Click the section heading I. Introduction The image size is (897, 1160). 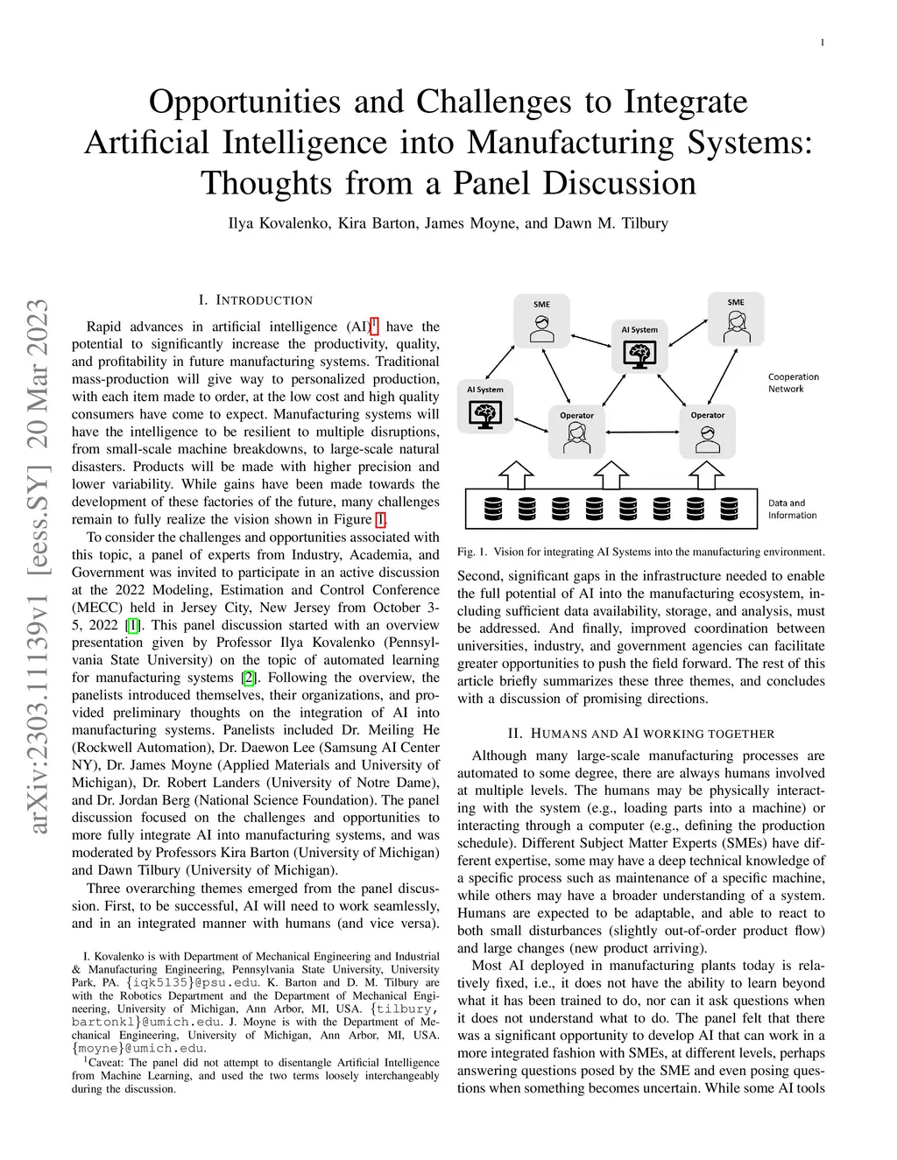pyautogui.click(x=255, y=300)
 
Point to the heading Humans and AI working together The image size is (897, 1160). pyautogui.click(x=641, y=734)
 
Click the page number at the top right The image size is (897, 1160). pyautogui.click(x=823, y=42)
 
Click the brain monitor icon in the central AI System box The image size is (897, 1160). pyautogui.click(x=639, y=353)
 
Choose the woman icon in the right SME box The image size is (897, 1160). pyautogui.click(x=735, y=327)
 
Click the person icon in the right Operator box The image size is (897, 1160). pyautogui.click(x=707, y=439)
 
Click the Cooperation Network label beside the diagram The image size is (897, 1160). pyautogui.click(x=793, y=383)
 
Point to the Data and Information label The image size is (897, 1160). pyautogui.click(x=792, y=509)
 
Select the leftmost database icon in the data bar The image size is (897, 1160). pyautogui.click(x=492, y=509)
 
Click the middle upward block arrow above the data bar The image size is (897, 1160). pyautogui.click(x=611, y=475)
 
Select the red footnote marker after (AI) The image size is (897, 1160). pyautogui.click(x=374, y=326)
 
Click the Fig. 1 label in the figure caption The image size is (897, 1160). pyautogui.click(x=472, y=552)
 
